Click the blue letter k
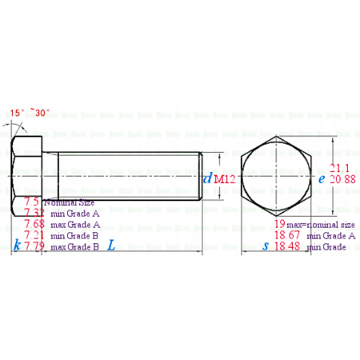(x=17, y=247)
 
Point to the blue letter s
(x=266, y=246)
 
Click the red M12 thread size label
(x=224, y=179)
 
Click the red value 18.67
(x=286, y=236)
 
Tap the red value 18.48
(x=286, y=247)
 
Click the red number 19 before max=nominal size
(x=282, y=225)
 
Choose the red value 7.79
(x=35, y=247)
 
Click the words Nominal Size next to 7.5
(x=70, y=202)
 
